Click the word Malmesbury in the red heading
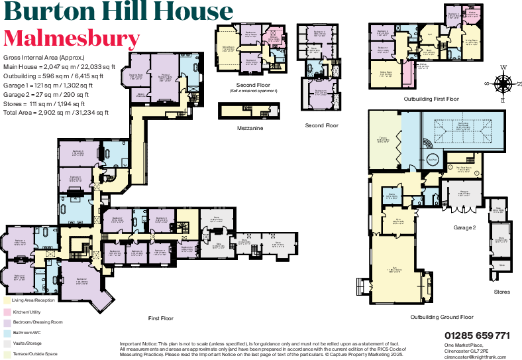[x=72, y=38]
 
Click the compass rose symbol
[x=503, y=83]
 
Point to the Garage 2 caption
[x=464, y=227]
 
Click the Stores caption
[x=501, y=291]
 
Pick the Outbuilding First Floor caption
[x=431, y=99]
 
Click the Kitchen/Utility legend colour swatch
[x=7, y=310]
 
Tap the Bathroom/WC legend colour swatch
[x=7, y=332]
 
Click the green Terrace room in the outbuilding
[x=385, y=140]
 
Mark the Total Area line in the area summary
[x=56, y=113]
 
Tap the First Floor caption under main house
[x=161, y=318]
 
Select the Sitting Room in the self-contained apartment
[x=227, y=48]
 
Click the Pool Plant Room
[x=460, y=168]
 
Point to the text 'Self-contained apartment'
[x=248, y=90]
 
